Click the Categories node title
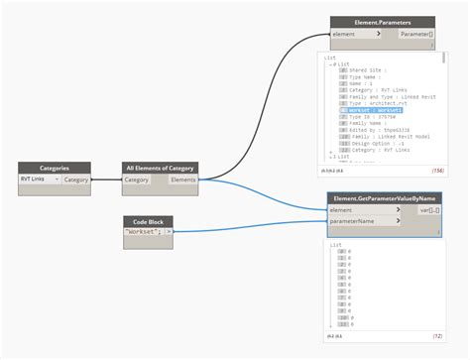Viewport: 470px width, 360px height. pyautogui.click(x=54, y=169)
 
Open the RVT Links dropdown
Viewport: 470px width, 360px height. pyautogui.click(x=39, y=180)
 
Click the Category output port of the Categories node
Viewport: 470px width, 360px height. pyautogui.click(x=76, y=180)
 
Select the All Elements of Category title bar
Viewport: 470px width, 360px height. pyautogui.click(x=160, y=169)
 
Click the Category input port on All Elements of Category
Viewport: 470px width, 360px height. pyautogui.click(x=138, y=180)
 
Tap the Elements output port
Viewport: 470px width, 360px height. pyautogui.click(x=183, y=180)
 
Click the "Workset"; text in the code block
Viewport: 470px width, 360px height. pyautogui.click(x=144, y=231)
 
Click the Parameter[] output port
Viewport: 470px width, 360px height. pyautogui.click(x=415, y=33)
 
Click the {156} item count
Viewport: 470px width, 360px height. pyautogui.click(x=436, y=171)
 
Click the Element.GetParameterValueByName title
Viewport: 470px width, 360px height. pyautogui.click(x=385, y=199)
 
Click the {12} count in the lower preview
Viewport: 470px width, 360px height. pyautogui.click(x=437, y=337)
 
